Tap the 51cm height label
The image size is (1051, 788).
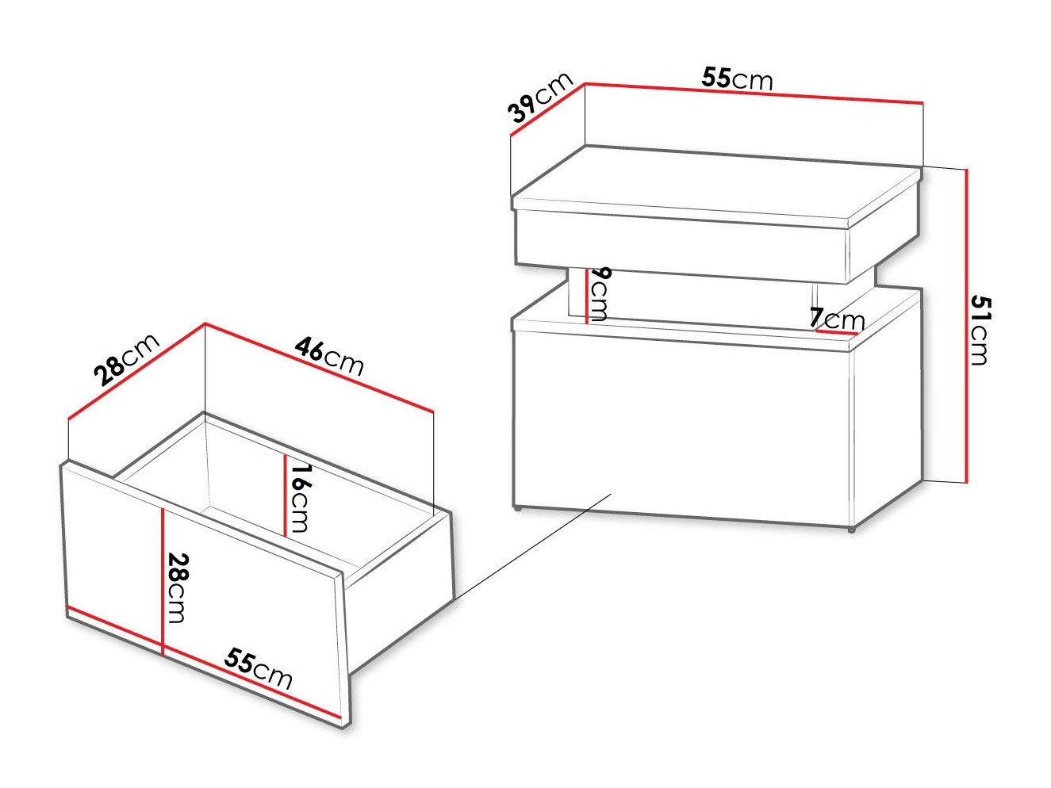980,331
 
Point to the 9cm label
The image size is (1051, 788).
599,293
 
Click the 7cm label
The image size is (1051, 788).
837,318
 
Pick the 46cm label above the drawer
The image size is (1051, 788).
329,356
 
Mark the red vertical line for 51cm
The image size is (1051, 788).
967,326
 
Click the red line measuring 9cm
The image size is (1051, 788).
586,296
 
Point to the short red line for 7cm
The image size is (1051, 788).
837,332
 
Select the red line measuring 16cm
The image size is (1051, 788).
285,495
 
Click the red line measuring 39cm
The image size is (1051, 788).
548,109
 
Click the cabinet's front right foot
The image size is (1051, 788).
851,530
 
